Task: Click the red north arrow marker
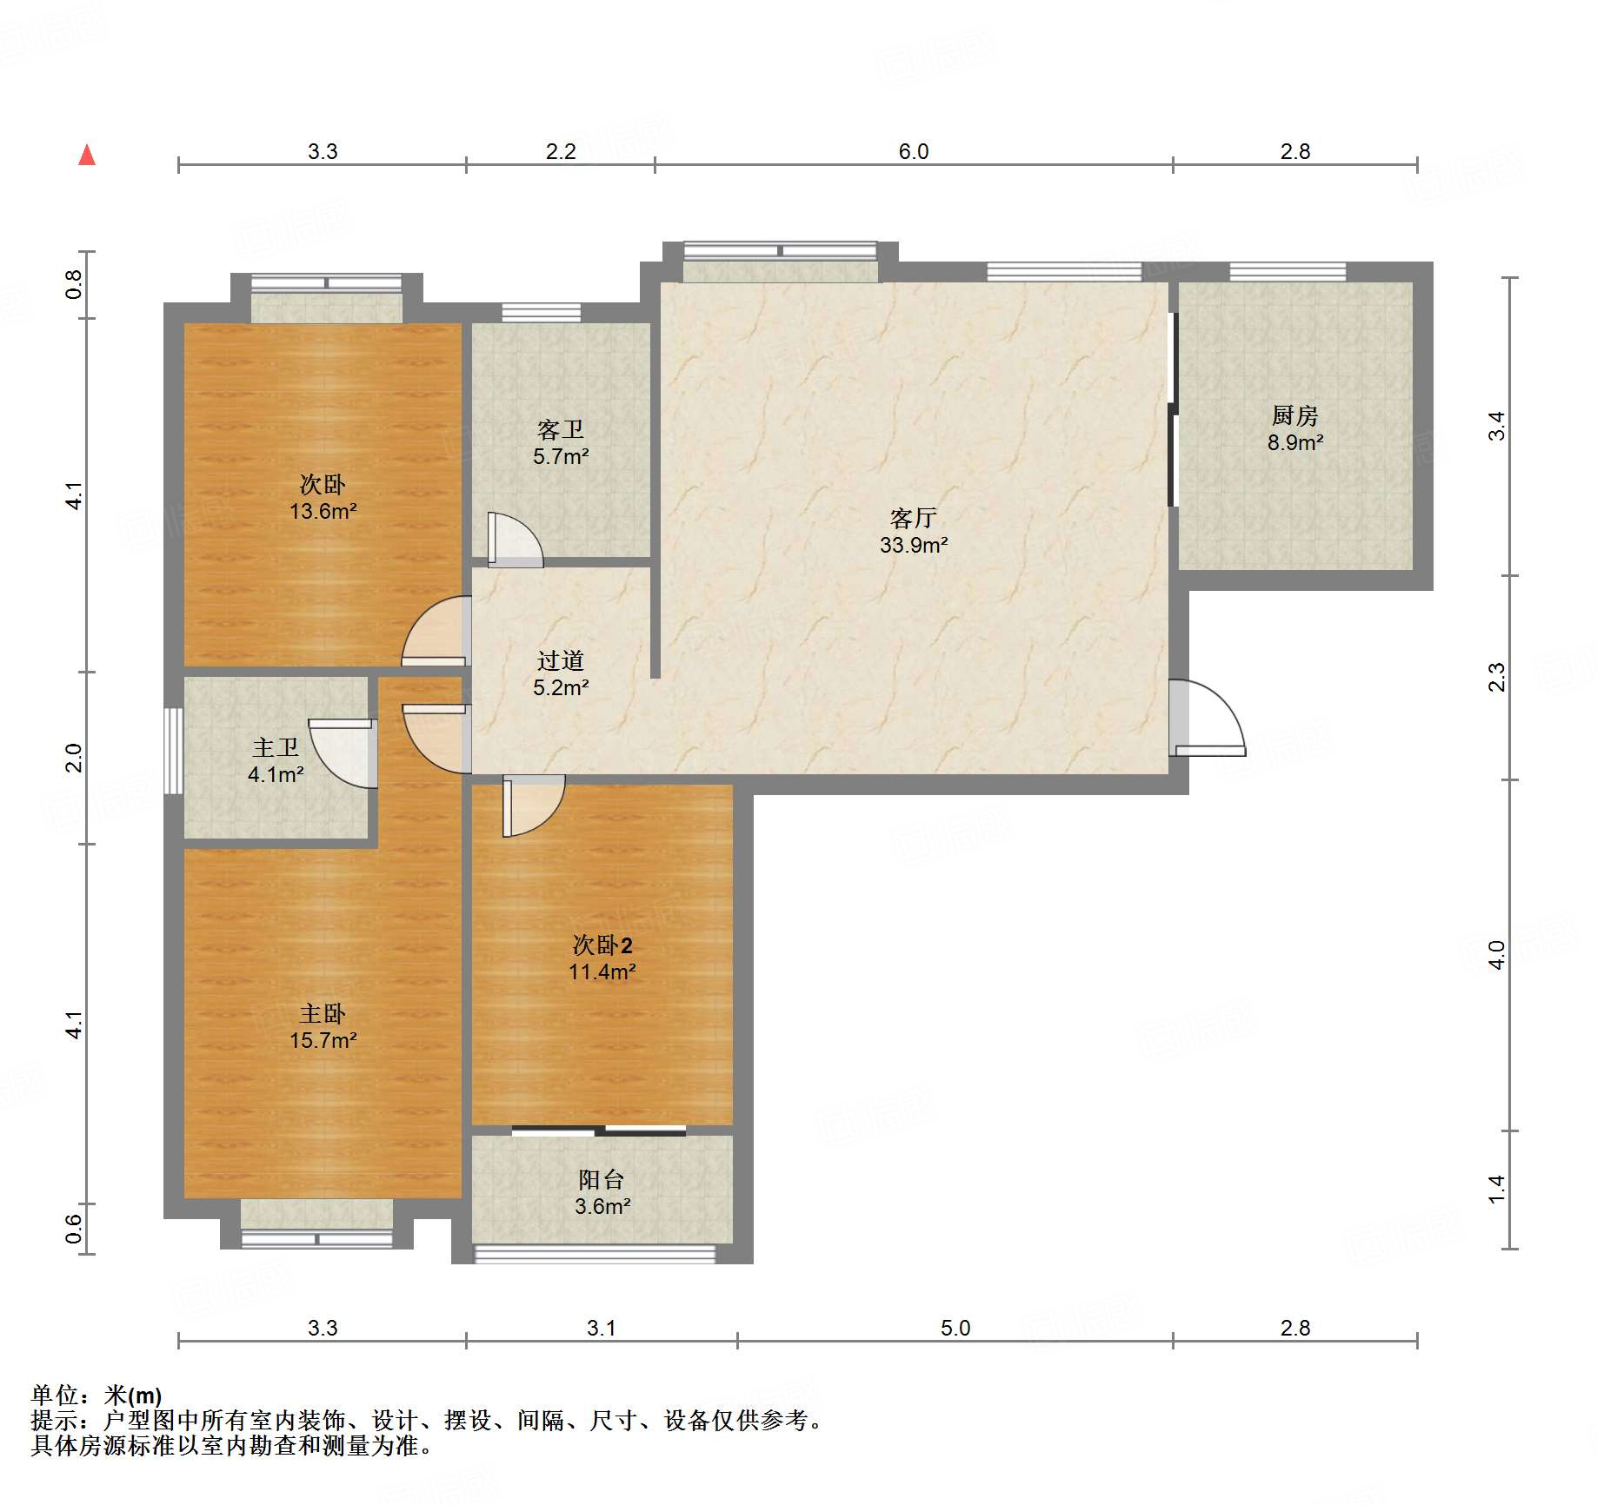[x=87, y=155]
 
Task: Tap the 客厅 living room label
[x=913, y=518]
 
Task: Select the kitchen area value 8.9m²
[x=1295, y=442]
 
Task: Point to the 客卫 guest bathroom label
[x=561, y=429]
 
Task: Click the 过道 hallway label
[x=561, y=660]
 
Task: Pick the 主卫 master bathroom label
[x=276, y=747]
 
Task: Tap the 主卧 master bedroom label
[x=323, y=1013]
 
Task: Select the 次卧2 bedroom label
[x=602, y=945]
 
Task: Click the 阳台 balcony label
[x=602, y=1179]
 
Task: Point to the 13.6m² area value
[x=323, y=511]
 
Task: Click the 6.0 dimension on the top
[x=914, y=151]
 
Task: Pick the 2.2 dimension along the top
[x=561, y=151]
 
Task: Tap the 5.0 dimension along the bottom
[x=955, y=1328]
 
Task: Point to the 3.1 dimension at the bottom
[x=602, y=1328]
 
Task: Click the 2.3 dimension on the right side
[x=1496, y=677]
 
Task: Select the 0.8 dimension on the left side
[x=74, y=285]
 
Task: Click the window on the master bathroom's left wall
[x=174, y=751]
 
